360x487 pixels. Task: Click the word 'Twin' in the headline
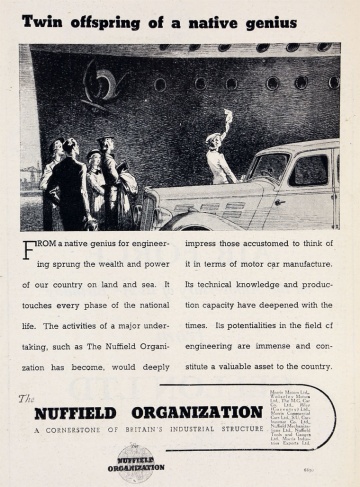[x=42, y=20]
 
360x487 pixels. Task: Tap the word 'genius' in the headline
[x=264, y=21]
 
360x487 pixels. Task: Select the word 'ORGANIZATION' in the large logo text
[x=204, y=411]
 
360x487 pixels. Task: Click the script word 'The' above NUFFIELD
[x=27, y=397]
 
